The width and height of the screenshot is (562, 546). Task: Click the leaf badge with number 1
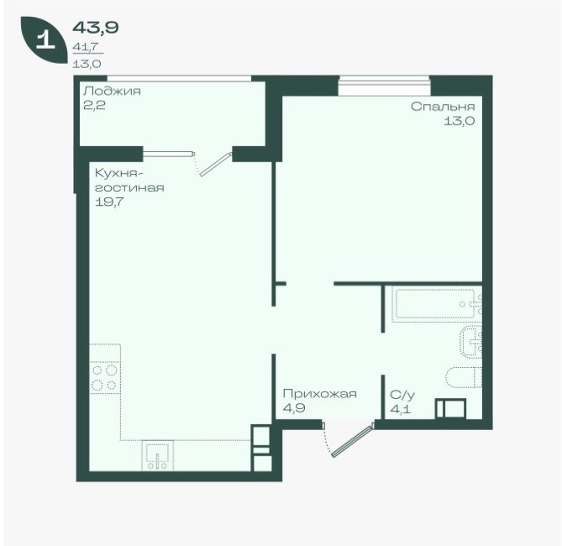click(x=44, y=39)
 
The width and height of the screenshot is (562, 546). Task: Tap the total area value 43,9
click(x=96, y=27)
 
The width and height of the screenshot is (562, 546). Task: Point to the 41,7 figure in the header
click(x=86, y=46)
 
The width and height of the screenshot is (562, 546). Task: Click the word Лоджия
click(x=112, y=92)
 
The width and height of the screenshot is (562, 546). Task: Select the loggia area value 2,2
click(x=94, y=105)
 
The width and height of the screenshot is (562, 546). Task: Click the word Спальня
click(x=443, y=107)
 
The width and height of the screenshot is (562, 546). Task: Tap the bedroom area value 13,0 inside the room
click(x=460, y=121)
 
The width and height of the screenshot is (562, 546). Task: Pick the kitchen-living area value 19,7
click(x=109, y=202)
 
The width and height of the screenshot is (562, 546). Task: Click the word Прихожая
click(x=320, y=394)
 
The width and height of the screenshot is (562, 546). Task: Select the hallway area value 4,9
click(x=294, y=408)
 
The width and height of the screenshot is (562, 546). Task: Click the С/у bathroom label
click(x=402, y=395)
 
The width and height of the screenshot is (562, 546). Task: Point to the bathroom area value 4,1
click(x=401, y=409)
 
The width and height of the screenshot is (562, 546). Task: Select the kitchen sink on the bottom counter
click(x=158, y=455)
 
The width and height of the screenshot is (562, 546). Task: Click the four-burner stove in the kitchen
click(x=105, y=378)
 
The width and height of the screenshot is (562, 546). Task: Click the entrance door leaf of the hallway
click(x=353, y=441)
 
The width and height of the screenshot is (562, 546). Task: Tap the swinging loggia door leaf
click(x=215, y=165)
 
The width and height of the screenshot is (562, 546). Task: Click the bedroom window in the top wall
click(x=384, y=86)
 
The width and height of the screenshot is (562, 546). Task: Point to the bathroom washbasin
click(x=471, y=342)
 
